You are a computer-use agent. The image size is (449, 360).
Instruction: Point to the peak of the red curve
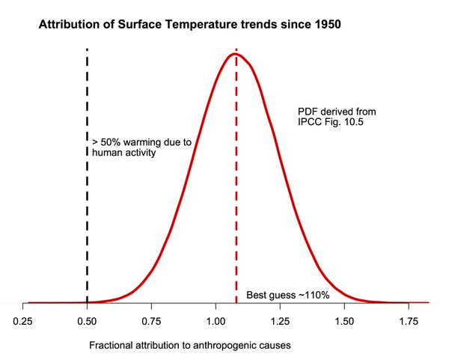coord(235,54)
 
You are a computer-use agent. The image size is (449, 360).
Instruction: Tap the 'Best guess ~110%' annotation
coord(287,295)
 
